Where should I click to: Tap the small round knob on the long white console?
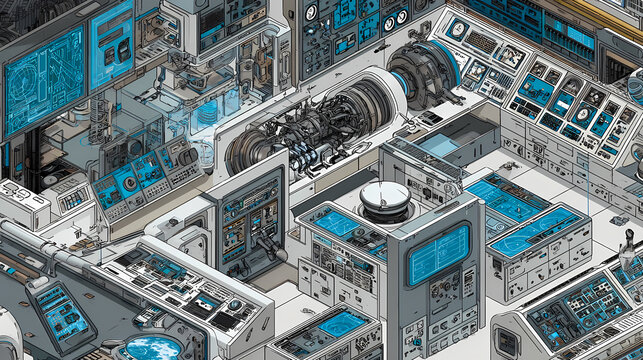pos(234,305)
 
